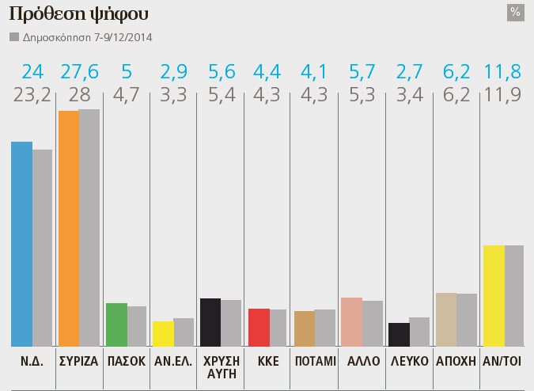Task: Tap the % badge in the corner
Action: coord(515,12)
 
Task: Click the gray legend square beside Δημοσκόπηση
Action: coord(13,37)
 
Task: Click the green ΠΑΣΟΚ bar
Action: coord(116,325)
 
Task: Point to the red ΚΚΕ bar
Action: coord(259,327)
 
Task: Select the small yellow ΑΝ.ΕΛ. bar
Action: coord(163,333)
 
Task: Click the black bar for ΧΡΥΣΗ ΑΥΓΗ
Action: coord(210,322)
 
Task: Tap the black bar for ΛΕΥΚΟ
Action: coord(399,334)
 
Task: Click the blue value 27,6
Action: coord(78,73)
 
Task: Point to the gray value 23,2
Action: coord(31,96)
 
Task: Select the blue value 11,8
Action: coord(503,73)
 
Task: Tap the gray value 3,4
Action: coord(409,96)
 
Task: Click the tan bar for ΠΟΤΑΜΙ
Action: coord(304,328)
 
